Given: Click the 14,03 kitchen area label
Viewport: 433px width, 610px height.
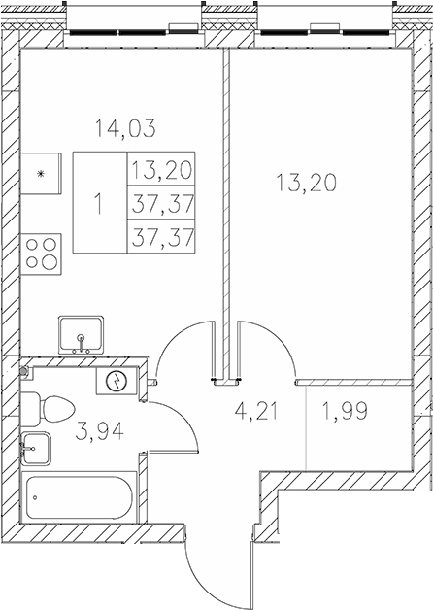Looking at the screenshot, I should click(123, 126).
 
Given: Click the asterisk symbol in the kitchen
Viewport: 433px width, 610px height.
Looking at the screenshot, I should click(40, 175).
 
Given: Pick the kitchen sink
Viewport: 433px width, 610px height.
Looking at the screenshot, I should click(83, 335).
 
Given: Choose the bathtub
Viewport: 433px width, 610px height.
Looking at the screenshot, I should click(81, 498).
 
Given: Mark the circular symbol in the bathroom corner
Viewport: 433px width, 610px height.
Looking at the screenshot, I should click(117, 381).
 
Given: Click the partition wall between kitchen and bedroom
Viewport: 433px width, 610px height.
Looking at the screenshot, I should click(226, 194).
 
